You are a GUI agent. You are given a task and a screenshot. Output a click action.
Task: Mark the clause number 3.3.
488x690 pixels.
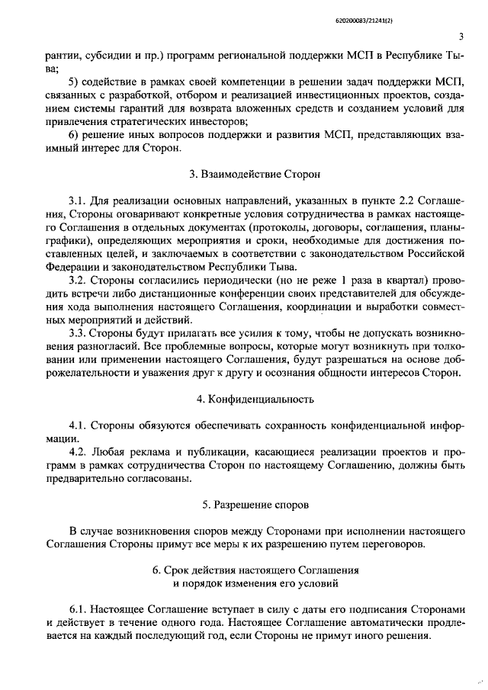click(79, 332)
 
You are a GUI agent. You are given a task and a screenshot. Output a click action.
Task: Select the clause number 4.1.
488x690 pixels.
click(79, 425)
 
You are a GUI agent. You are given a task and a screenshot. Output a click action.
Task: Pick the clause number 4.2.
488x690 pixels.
click(79, 452)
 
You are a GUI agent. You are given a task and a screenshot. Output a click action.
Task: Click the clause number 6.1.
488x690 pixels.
click(79, 610)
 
